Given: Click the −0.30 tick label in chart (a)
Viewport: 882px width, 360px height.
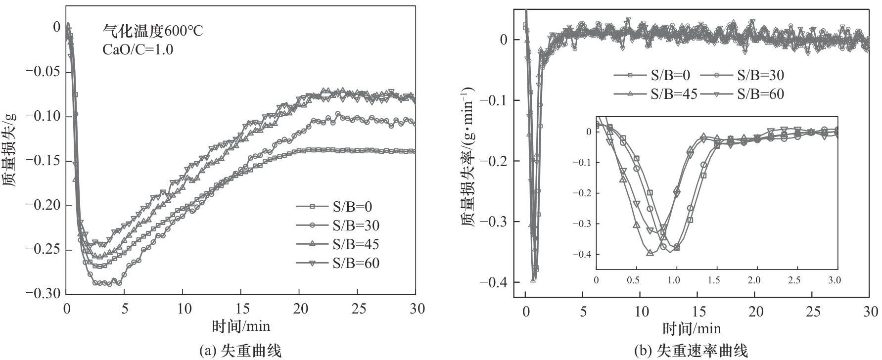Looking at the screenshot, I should click(x=44, y=294).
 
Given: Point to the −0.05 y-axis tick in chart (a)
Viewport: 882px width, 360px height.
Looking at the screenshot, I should click(x=44, y=72).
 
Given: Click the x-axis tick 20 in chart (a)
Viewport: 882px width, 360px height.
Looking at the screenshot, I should click(x=301, y=309).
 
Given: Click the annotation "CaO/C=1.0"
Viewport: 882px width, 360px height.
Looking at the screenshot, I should click(x=138, y=49).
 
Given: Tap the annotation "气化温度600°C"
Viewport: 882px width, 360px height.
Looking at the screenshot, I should click(x=152, y=31).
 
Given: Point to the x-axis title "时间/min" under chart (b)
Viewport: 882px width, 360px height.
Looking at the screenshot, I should click(x=692, y=328).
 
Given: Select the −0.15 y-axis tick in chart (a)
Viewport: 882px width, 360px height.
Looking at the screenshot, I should click(x=44, y=161).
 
